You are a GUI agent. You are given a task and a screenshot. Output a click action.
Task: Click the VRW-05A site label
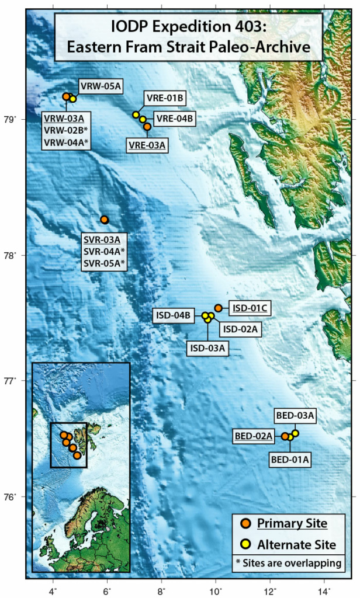pos(101,86)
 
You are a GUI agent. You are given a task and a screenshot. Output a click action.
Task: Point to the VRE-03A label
pos(147,144)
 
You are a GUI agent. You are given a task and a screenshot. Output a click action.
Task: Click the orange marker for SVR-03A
pos(104,220)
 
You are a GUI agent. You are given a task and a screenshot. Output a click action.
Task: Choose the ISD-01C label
pos(248,307)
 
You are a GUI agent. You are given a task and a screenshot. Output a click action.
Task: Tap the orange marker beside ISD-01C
pos(218,308)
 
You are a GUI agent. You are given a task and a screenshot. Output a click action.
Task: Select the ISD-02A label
pos(240,329)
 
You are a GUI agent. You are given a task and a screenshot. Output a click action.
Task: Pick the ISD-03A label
pos(207,348)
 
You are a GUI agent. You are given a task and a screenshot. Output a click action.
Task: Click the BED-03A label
pos(295,416)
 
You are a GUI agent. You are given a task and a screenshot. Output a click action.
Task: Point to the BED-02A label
pos(254,436)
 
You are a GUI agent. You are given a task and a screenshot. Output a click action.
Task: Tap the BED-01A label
pos(290,459)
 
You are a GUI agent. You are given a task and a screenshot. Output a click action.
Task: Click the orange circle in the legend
pos(246,523)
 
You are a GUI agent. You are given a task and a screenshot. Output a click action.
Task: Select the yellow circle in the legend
pos(246,544)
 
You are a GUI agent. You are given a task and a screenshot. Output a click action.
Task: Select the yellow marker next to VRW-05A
pos(73,99)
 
